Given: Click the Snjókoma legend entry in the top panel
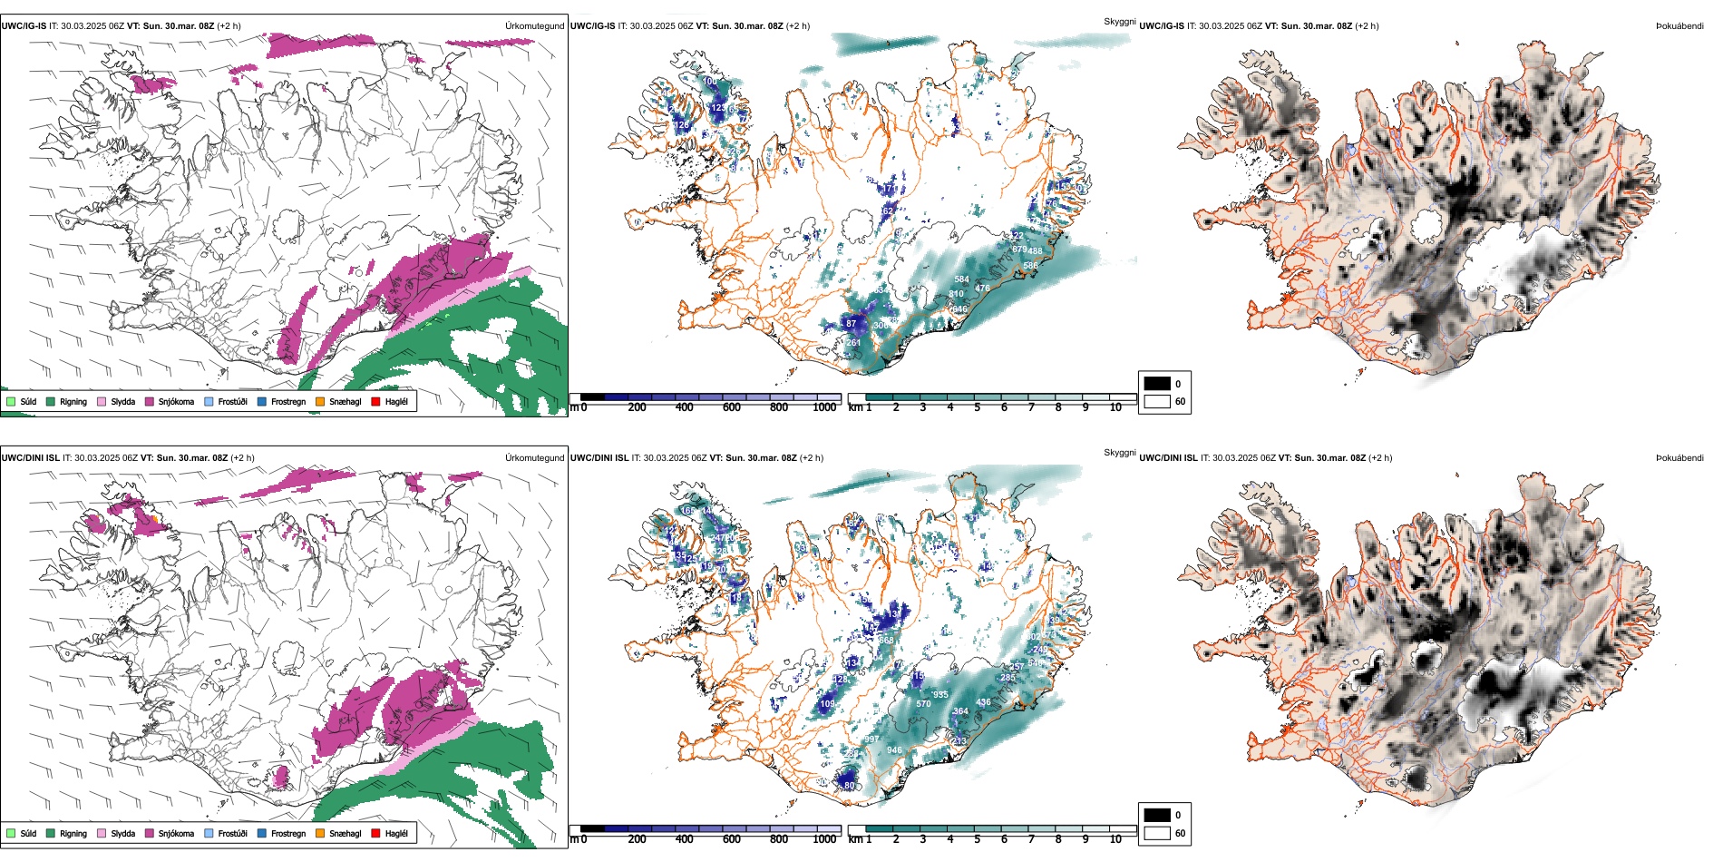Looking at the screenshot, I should [x=176, y=401].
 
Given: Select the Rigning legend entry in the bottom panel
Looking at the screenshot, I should [x=73, y=833].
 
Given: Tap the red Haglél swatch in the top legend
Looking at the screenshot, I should [x=375, y=401].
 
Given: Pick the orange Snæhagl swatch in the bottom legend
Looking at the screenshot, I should [x=320, y=833].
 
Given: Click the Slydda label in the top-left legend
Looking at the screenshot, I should [x=122, y=401].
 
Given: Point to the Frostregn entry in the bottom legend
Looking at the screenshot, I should [x=287, y=833].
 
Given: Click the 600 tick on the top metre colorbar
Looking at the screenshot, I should [x=732, y=407].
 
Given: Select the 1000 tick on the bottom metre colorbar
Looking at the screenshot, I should [x=824, y=839].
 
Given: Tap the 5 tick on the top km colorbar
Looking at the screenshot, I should [x=977, y=407].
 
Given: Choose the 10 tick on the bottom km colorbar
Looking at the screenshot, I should [x=1115, y=839].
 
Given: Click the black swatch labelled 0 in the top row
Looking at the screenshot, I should [x=1157, y=384].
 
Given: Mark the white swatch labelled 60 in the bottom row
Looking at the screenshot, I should [x=1157, y=833].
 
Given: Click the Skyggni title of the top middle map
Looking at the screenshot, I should [x=1119, y=21].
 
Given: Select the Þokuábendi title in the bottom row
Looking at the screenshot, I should [x=1679, y=458].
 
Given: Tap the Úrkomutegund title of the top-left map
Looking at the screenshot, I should [x=534, y=26].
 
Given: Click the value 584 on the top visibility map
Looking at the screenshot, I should [x=962, y=279].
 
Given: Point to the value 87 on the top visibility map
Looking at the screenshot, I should [x=851, y=323].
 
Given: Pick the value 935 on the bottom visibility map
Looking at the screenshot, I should [x=940, y=695].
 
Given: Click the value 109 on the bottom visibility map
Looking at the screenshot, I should [x=827, y=704].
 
